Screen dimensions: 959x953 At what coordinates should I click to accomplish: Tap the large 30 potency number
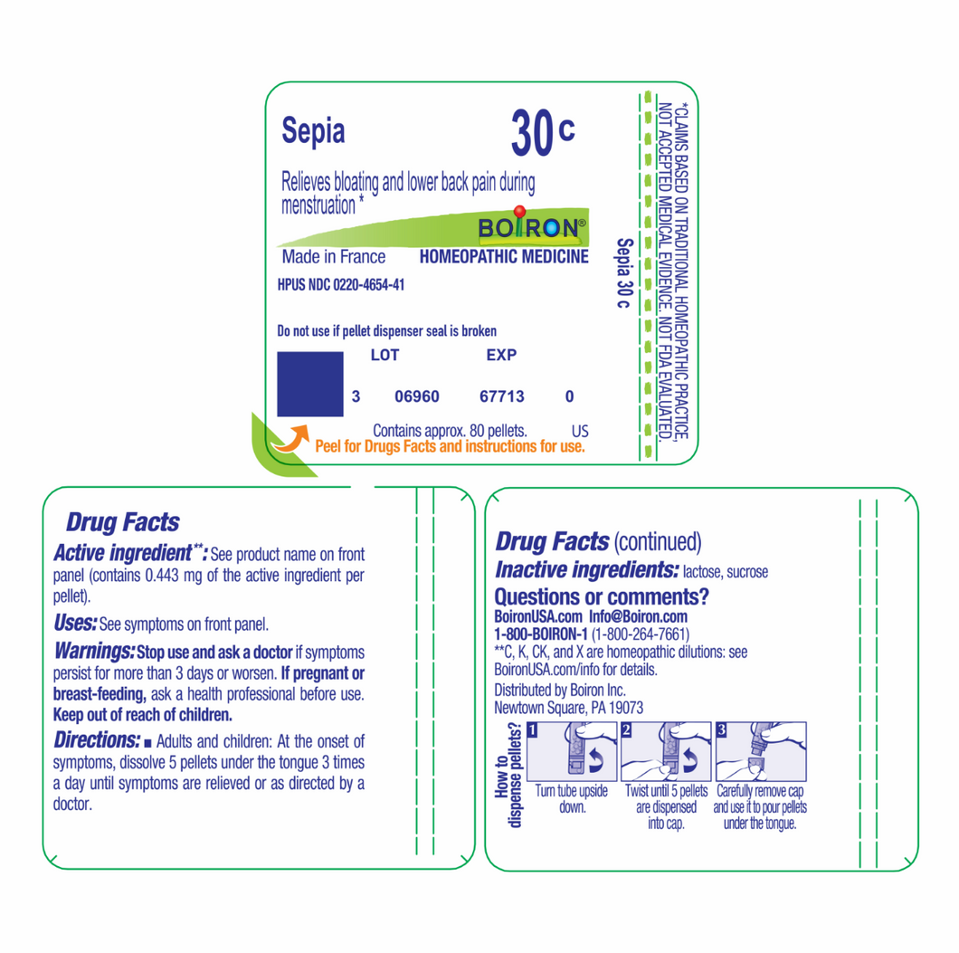[x=532, y=132]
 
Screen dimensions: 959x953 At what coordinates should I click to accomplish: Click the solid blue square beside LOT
[x=310, y=384]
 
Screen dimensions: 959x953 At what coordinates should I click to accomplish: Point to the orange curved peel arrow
[x=291, y=439]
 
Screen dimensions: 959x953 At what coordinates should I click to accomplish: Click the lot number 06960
[x=416, y=396]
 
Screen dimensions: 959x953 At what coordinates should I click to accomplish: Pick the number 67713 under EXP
[x=501, y=396]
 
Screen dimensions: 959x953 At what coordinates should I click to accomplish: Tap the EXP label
[x=501, y=355]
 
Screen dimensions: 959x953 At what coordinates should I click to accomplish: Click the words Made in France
[x=333, y=257]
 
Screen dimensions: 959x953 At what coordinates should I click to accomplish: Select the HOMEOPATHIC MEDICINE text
[x=504, y=257]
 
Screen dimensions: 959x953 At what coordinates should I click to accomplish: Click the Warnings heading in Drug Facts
[x=94, y=651]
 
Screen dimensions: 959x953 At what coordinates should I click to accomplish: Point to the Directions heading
[x=97, y=740]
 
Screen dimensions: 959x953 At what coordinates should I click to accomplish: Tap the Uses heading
[x=75, y=624]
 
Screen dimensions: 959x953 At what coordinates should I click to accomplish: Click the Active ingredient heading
[x=130, y=553]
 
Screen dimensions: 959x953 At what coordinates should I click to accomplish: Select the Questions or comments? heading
[x=602, y=596]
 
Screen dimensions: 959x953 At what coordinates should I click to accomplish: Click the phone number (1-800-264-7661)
[x=641, y=634]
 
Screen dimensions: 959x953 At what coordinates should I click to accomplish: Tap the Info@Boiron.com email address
[x=638, y=616]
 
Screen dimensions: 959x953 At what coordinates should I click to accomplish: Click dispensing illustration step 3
[x=761, y=752]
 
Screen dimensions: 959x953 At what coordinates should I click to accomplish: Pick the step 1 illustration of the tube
[x=572, y=752]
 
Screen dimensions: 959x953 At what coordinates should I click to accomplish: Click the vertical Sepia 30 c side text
[x=624, y=272]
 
